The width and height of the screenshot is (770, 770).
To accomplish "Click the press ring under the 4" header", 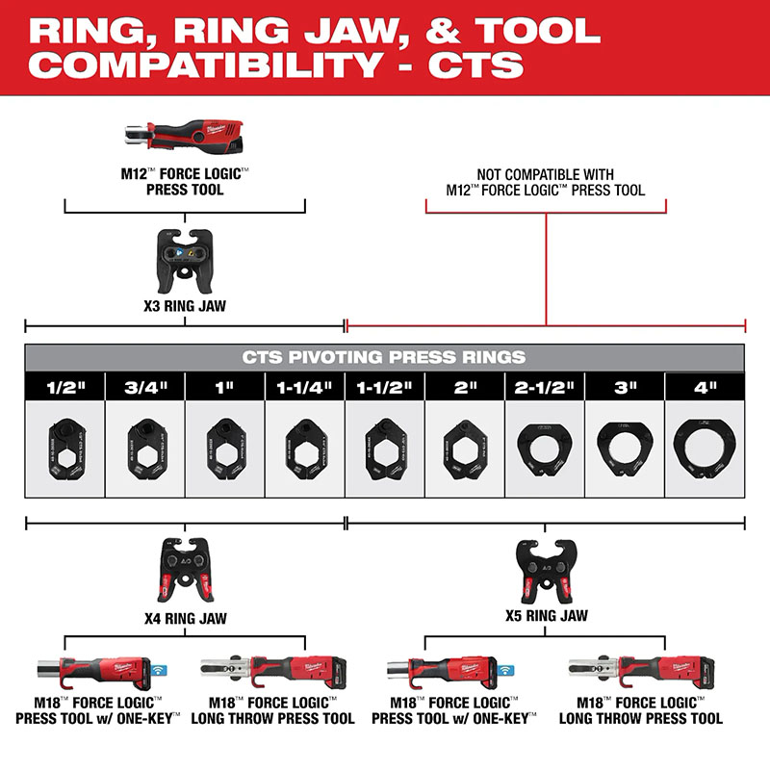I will (705, 449).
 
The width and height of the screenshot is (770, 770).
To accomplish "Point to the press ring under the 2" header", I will (465, 449).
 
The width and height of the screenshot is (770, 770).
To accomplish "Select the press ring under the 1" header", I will (224, 449).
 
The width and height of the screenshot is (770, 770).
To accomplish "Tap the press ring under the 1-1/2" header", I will (385, 449).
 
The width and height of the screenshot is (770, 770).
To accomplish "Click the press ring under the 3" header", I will (625, 449).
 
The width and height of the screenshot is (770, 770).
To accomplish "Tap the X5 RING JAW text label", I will (547, 614).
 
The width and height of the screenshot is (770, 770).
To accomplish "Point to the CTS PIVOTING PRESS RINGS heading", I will (384, 357).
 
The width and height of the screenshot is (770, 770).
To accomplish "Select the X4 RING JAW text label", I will (185, 618).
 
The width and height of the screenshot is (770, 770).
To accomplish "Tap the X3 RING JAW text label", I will (185, 310).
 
